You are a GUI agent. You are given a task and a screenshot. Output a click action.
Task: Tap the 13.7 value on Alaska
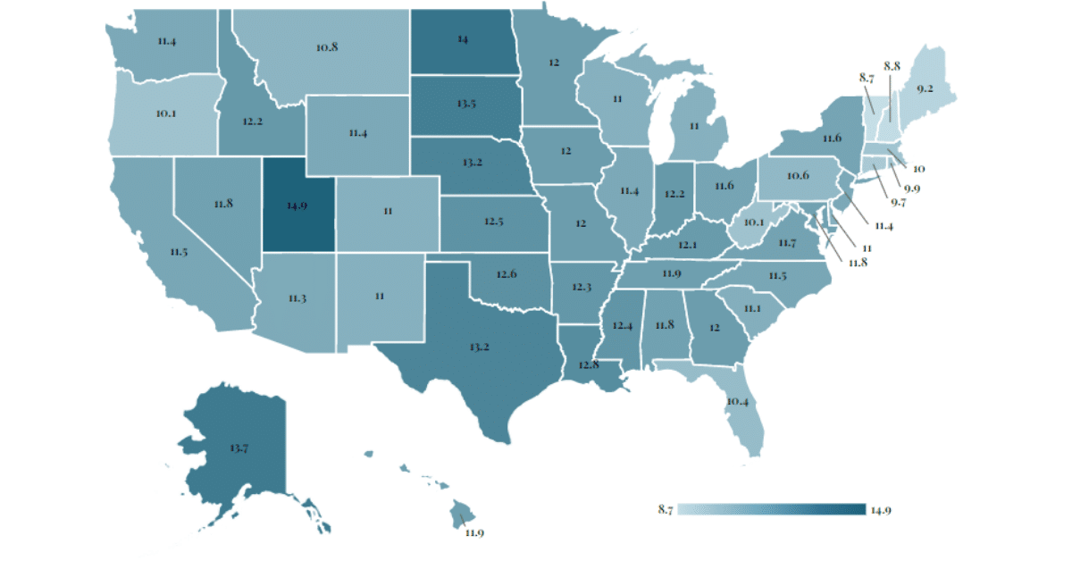[239, 447]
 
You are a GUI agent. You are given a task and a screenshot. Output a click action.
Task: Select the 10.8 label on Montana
[326, 46]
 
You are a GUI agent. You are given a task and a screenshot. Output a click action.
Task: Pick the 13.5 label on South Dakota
[465, 104]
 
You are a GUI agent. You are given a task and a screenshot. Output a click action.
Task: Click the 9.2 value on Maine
[924, 88]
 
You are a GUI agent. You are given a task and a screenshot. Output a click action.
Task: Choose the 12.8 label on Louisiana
[587, 365]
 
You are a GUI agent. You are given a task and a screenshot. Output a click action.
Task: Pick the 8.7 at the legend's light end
[665, 510]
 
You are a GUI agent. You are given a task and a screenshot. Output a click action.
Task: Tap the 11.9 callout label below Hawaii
[474, 533]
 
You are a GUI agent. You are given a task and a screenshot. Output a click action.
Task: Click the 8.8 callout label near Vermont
[892, 66]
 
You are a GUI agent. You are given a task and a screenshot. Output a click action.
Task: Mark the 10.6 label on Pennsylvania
[800, 175]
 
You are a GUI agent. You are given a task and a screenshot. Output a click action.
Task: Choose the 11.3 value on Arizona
[297, 297]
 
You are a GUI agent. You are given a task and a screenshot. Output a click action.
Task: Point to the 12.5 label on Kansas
[492, 222]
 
